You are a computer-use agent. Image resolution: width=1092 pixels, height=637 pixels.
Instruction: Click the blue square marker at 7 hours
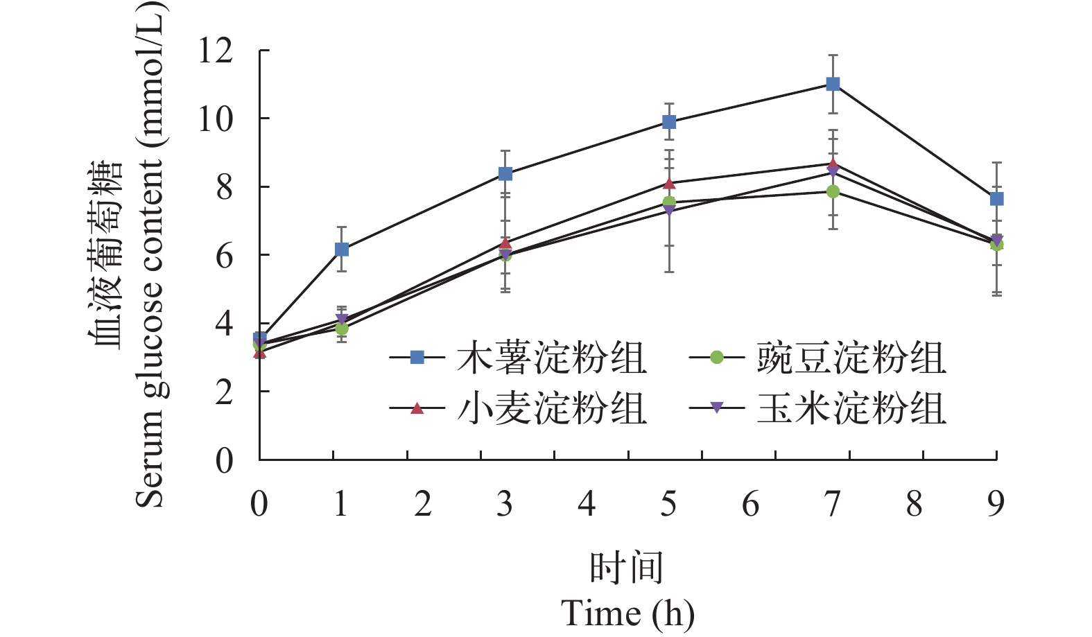(833, 84)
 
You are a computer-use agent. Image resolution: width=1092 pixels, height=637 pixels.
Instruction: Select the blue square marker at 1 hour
(342, 249)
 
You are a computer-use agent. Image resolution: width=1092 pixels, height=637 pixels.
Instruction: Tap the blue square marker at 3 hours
(505, 173)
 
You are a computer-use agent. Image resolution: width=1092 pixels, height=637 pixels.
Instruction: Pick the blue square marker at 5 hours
(669, 122)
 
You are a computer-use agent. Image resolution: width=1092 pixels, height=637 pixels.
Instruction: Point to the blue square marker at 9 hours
(996, 199)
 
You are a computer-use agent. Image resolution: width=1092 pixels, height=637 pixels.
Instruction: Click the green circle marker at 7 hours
(833, 191)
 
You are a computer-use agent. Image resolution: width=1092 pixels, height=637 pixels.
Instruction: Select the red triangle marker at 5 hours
(669, 183)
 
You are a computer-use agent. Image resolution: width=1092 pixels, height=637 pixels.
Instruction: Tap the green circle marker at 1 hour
(342, 329)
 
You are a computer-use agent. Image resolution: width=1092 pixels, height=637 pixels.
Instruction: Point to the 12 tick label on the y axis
(216, 51)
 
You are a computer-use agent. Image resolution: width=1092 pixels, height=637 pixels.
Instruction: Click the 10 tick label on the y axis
(216, 119)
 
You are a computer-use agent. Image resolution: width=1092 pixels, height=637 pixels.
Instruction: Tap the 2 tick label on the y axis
(224, 392)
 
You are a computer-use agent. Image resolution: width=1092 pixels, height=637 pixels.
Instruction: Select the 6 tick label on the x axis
(751, 504)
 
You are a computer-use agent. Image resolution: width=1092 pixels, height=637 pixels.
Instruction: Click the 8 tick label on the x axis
(915, 504)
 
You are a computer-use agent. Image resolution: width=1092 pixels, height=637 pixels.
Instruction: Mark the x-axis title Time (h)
(627, 613)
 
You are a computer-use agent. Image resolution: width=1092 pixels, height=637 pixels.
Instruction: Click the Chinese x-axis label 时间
(627, 568)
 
